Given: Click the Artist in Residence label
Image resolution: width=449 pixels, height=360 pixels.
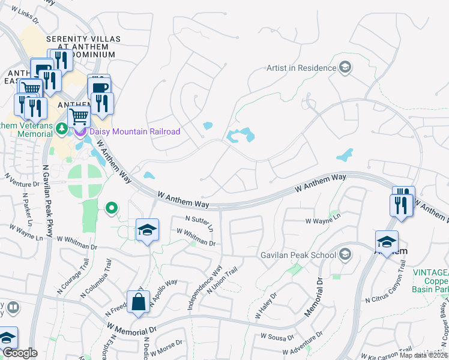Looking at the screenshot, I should pyautogui.click(x=300, y=68).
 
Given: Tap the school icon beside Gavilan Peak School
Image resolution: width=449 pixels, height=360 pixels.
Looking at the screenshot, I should pyautogui.click(x=345, y=255).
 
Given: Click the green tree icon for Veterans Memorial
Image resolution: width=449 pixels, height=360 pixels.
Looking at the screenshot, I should pyautogui.click(x=61, y=128).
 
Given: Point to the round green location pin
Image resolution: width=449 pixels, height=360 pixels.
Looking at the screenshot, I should pyautogui.click(x=111, y=209).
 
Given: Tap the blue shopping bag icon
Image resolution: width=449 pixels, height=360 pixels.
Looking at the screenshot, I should pyautogui.click(x=139, y=302).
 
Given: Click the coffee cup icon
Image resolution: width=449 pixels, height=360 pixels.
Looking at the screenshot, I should pyautogui.click(x=99, y=87).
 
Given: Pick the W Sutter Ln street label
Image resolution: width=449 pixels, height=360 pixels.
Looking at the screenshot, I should pyautogui.click(x=200, y=223).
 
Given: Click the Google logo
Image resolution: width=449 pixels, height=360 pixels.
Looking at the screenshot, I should pyautogui.click(x=20, y=353).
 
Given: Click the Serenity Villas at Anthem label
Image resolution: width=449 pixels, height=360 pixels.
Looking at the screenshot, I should pyautogui.click(x=84, y=46).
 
